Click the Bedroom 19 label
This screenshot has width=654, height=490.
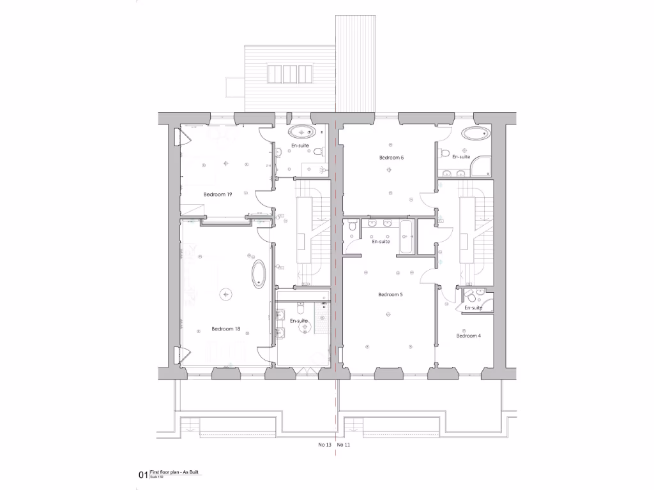(217, 194)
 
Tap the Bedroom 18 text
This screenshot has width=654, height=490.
(225, 329)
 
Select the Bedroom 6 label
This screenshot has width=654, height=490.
(392, 158)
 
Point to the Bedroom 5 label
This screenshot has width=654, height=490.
(390, 295)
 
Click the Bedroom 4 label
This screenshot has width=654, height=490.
(468, 336)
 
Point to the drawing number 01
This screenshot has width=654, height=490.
(143, 475)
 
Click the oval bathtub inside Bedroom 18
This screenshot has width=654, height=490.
(258, 274)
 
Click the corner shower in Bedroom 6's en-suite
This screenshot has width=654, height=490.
(482, 168)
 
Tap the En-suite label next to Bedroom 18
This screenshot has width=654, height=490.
(299, 321)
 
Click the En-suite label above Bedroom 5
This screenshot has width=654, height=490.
(381, 242)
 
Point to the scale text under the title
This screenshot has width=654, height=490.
(156, 477)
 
